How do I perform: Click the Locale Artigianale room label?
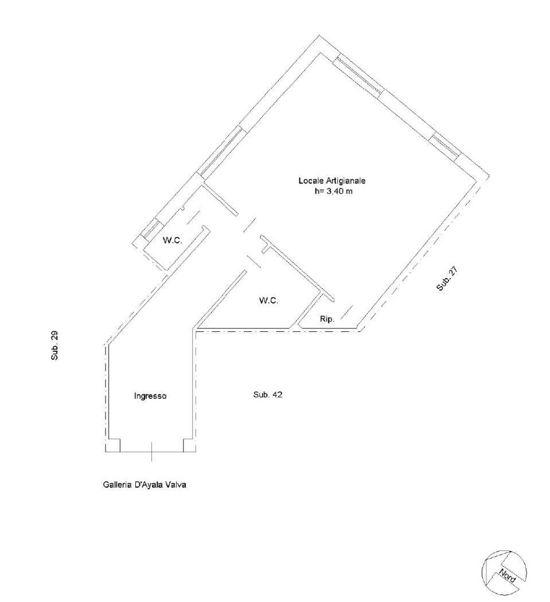(x=332, y=181)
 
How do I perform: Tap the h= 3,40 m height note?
(x=333, y=191)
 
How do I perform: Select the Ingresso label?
(x=150, y=396)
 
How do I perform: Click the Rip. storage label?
(x=327, y=319)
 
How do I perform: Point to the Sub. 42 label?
(x=268, y=394)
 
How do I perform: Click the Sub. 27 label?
(x=447, y=279)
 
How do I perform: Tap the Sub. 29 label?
(x=55, y=346)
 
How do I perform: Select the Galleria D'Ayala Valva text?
(x=145, y=485)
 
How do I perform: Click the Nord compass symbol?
(x=504, y=573)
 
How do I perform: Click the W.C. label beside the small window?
(x=173, y=241)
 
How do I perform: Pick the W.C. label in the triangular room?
(x=268, y=300)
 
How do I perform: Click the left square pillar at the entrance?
(x=114, y=445)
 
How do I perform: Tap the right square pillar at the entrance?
(x=189, y=445)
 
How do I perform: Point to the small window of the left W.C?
(x=150, y=229)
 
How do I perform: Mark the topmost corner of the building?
(x=319, y=36)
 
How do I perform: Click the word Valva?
(x=176, y=485)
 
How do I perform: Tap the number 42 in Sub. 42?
(x=278, y=394)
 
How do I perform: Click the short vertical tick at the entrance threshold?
(x=151, y=452)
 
